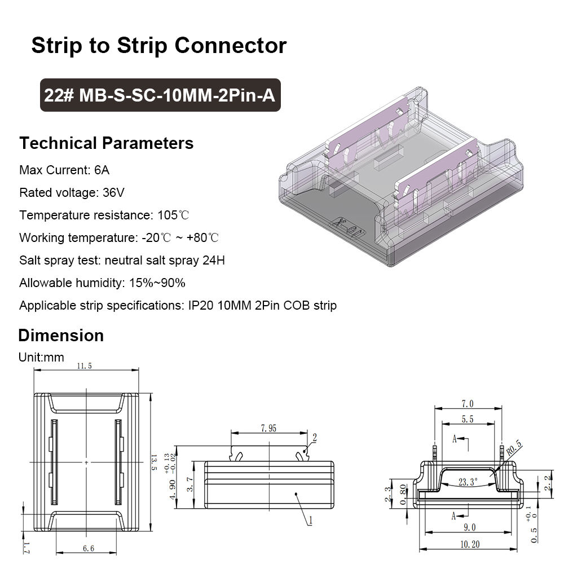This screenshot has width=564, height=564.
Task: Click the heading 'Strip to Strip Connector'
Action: pos(158,45)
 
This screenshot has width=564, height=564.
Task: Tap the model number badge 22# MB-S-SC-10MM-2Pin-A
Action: pos(160,95)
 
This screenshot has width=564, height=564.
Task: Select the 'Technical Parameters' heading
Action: pos(106,143)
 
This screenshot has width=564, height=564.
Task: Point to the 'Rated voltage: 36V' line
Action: pos(72,193)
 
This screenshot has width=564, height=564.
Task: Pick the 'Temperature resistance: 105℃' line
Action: pos(104,215)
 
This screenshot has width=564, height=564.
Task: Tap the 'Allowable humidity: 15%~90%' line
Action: pos(102,283)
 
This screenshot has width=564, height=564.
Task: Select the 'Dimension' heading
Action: pos(61,336)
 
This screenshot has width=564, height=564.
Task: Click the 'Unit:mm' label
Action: pos(41,357)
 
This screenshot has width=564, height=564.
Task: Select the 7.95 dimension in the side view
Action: pos(268,429)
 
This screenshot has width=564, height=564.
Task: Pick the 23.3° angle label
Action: pos(468,482)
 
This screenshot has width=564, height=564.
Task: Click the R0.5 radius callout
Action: pos(514,449)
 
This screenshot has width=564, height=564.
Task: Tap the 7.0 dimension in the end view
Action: pos(467,404)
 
